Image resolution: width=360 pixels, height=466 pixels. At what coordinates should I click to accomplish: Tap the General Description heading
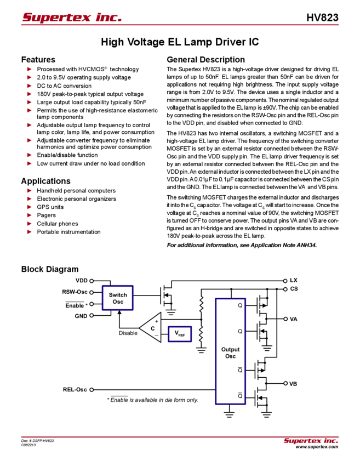pyautogui.click(x=205, y=59)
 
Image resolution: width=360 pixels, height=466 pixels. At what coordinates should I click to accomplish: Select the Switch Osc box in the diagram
pyautogui.click(x=118, y=298)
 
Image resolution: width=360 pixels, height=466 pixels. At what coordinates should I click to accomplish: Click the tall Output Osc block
pyautogui.click(x=230, y=350)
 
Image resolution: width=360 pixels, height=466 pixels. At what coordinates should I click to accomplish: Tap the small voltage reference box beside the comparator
pyautogui.click(x=180, y=333)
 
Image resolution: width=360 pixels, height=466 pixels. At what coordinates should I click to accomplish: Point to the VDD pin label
pyautogui.click(x=81, y=280)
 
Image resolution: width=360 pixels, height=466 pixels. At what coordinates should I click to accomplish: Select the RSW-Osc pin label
pyautogui.click(x=75, y=292)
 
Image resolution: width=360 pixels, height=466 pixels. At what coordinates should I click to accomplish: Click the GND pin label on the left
pyautogui.click(x=81, y=316)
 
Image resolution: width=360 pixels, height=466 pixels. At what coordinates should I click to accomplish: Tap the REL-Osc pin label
pyautogui.click(x=75, y=390)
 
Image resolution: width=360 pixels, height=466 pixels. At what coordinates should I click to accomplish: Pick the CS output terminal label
pyautogui.click(x=294, y=288)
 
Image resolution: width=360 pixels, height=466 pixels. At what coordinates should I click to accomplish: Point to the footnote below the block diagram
pyautogui.click(x=152, y=400)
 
